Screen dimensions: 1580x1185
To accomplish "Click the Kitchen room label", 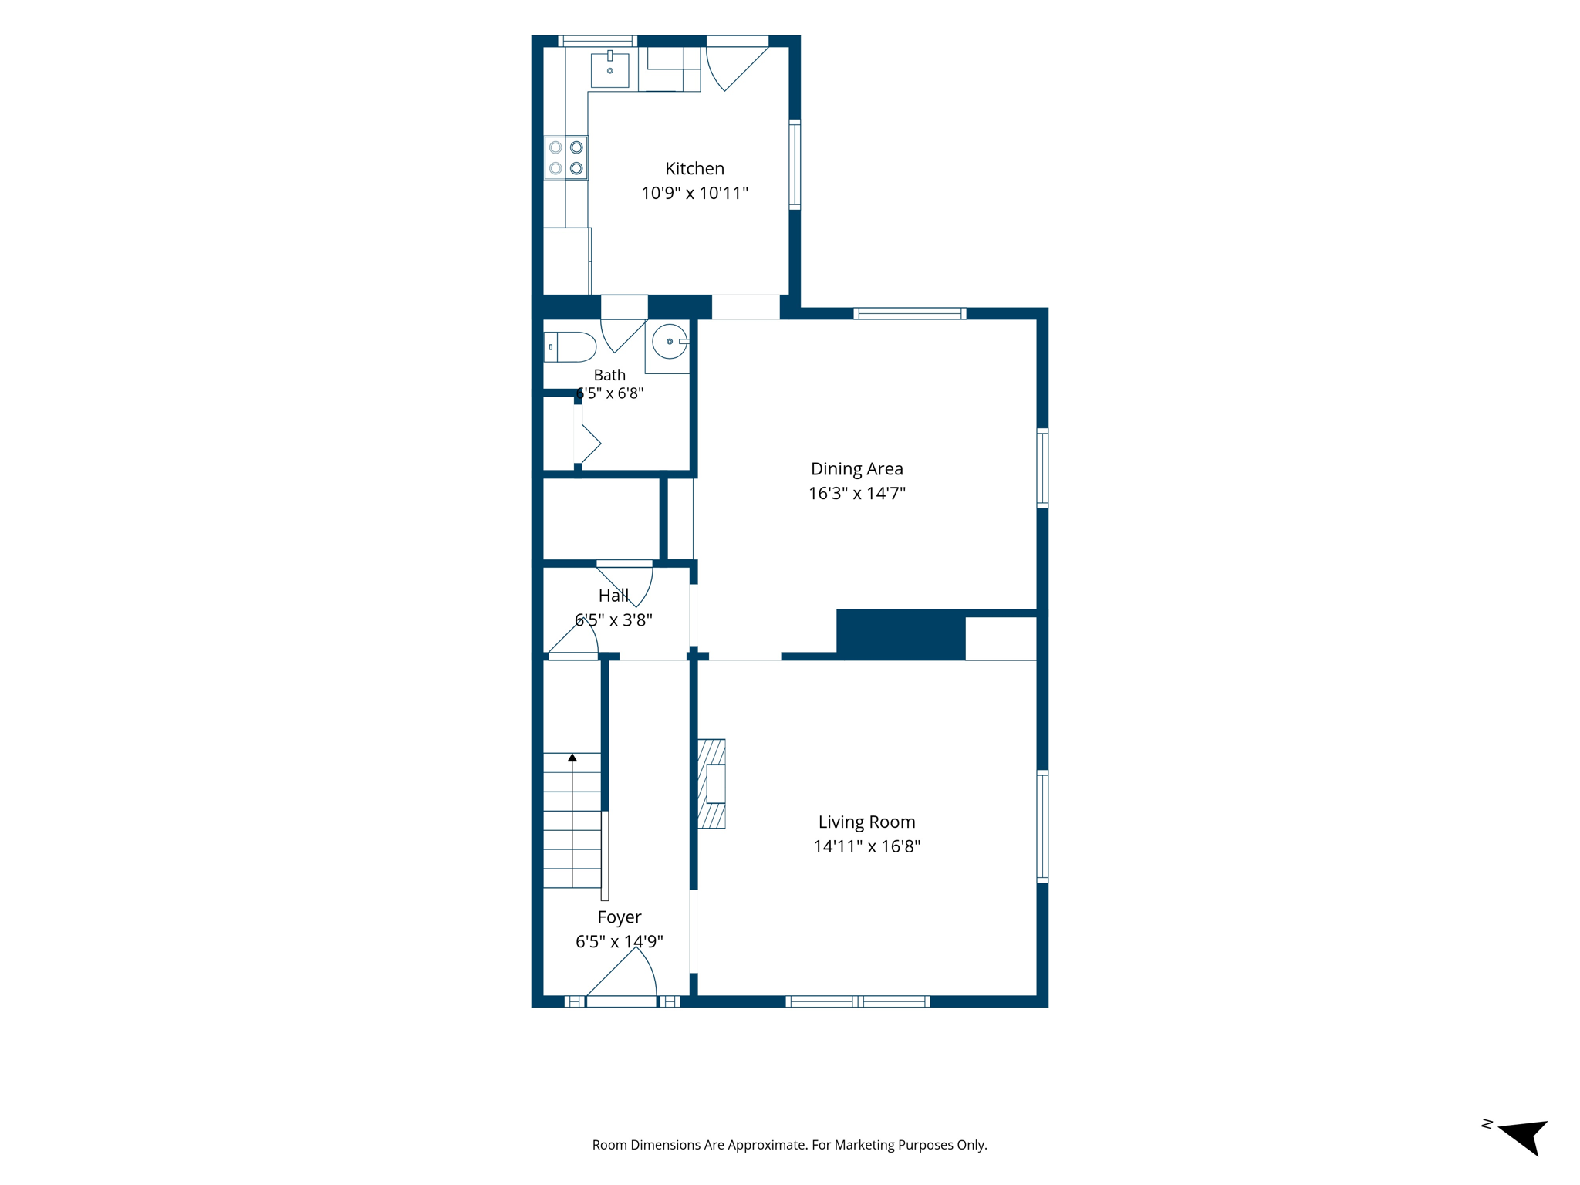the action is click(694, 168).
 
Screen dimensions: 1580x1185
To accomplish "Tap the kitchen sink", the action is click(609, 69).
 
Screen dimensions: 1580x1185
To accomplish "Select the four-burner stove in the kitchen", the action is click(565, 158).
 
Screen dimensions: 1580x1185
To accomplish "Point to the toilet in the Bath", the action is click(569, 347).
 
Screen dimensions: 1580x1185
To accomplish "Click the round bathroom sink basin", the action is click(670, 342).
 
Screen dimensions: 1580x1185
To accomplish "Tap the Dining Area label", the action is click(856, 468).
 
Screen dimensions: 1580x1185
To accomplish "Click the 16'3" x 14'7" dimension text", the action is click(856, 493).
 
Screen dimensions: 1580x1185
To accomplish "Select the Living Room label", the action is click(866, 822).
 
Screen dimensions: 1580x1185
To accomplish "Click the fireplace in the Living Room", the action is click(711, 784).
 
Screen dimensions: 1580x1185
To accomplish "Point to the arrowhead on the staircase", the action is click(572, 758).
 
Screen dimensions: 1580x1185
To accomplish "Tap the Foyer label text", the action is click(619, 917).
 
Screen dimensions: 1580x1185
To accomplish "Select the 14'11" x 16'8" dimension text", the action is click(866, 846).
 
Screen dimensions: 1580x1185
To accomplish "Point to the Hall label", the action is click(613, 596).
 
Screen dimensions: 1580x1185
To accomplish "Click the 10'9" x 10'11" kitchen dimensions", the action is click(694, 193).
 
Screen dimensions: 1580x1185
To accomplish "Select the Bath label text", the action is click(609, 375).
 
